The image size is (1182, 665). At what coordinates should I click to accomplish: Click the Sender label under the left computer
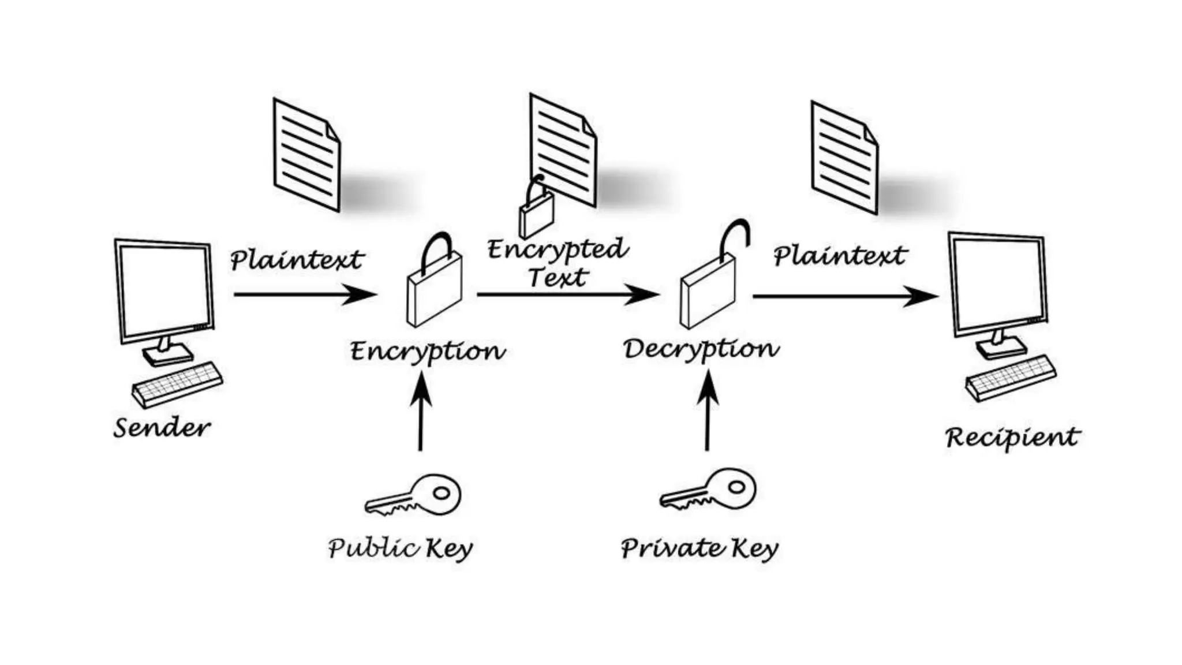point(162,428)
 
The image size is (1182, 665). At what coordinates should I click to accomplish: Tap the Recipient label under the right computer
point(1012,438)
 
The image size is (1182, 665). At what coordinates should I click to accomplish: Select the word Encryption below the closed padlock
point(428,352)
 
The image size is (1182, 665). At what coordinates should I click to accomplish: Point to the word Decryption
point(701,349)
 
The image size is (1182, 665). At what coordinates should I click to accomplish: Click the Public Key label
point(400,548)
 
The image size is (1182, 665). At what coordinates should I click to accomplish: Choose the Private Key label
point(700,548)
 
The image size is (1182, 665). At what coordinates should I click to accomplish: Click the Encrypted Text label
point(558,263)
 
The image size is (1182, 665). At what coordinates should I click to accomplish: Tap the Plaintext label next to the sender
point(297,260)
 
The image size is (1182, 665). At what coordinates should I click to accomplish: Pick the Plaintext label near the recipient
point(840,256)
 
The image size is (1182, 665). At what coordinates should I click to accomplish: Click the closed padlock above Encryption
point(434,283)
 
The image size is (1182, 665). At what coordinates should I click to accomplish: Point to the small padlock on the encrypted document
point(536,211)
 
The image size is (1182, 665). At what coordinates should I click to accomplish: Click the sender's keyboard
point(177,384)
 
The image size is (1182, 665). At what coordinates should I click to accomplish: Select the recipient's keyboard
point(1011,378)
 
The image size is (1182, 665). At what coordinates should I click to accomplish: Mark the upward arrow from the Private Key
point(708,410)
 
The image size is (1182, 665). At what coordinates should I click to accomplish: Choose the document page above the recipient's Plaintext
point(844,157)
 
